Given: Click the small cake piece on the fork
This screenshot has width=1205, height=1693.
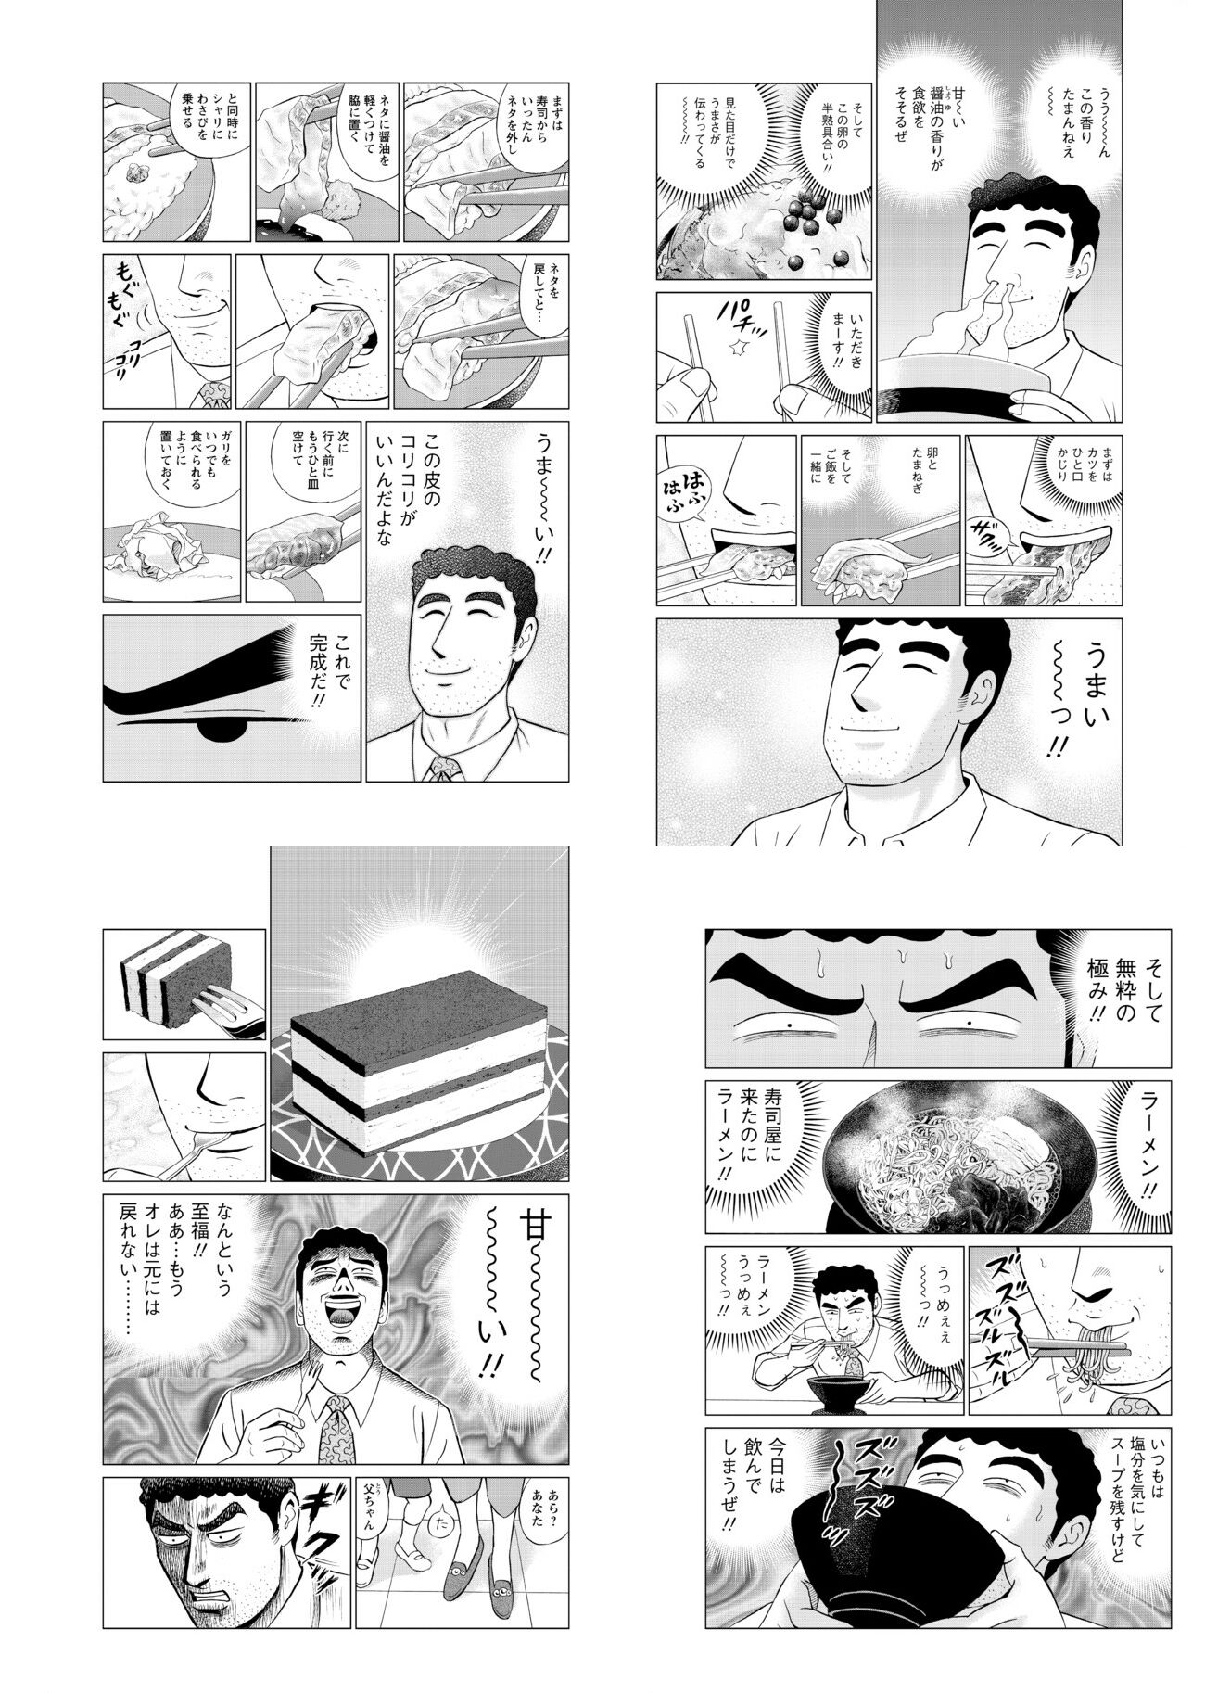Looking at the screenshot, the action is click(x=160, y=990).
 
